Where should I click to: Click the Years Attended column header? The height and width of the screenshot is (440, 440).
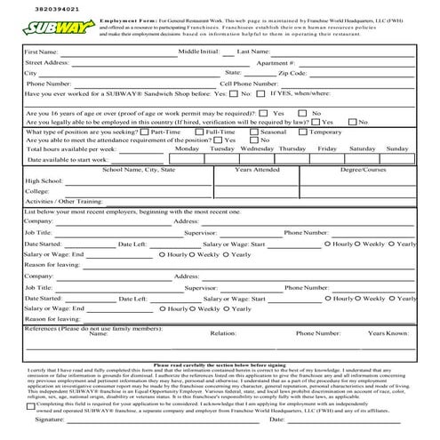[x=257, y=169]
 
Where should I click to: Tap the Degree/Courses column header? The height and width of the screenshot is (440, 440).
[x=363, y=169]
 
